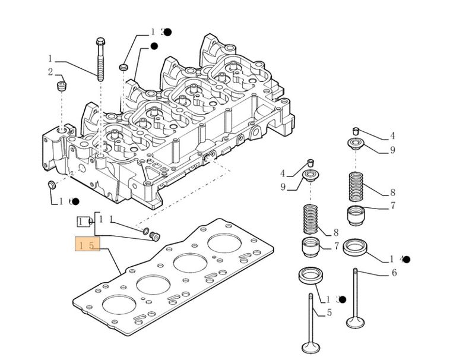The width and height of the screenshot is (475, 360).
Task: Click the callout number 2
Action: pos(50,72)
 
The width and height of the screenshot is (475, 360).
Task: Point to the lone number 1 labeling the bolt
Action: pos(50,59)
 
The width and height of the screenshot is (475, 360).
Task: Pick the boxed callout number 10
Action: pos(83,222)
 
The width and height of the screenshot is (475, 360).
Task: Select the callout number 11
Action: pos(105,219)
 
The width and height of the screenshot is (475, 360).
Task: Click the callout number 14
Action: pos(396,259)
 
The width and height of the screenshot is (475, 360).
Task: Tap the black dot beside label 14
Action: pos(407,259)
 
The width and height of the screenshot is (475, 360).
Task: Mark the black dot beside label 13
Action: pos(343,299)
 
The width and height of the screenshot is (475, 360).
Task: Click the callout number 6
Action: pos(394,273)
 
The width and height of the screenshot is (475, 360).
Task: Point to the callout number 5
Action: pos(330,312)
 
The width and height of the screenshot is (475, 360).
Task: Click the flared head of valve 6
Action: pos(355,324)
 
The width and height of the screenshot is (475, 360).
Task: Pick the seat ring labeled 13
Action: pos(310,276)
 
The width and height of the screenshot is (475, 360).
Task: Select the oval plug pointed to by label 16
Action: pos(51,185)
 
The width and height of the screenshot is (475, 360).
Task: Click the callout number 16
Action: pos(65,201)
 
